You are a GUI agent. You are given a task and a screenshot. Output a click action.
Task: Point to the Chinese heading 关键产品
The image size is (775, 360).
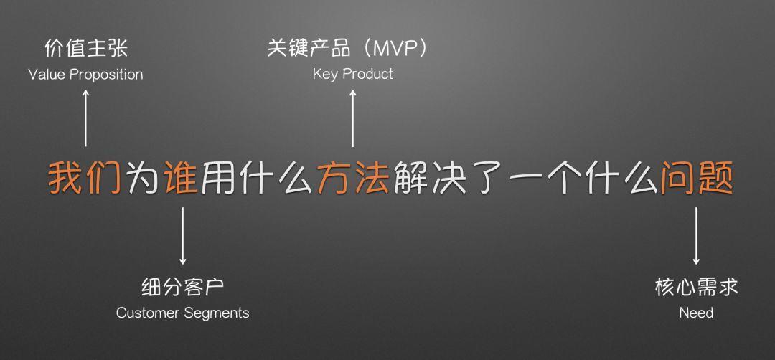pyautogui.click(x=309, y=48)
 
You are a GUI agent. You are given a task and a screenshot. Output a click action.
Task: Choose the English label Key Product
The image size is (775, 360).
pyautogui.click(x=353, y=75)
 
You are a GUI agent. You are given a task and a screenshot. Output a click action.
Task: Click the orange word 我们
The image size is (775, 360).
pyautogui.click(x=85, y=177)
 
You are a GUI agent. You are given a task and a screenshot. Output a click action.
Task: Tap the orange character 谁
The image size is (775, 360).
pyautogui.click(x=182, y=177)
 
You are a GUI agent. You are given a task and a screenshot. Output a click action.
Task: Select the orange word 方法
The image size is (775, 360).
pyautogui.click(x=354, y=177)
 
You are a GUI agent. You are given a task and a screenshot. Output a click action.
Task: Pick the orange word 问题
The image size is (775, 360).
pyautogui.click(x=697, y=177)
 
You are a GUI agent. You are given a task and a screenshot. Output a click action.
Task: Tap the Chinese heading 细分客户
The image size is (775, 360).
pyautogui.click(x=183, y=287)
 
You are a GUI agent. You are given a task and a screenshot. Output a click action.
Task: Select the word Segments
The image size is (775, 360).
pyautogui.click(x=217, y=313)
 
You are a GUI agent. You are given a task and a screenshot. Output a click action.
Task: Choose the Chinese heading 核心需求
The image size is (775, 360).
pyautogui.click(x=696, y=287)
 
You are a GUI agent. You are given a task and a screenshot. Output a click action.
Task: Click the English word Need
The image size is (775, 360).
pyautogui.click(x=696, y=313)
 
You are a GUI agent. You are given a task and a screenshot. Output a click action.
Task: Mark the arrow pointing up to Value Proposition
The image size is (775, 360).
pyautogui.click(x=85, y=118)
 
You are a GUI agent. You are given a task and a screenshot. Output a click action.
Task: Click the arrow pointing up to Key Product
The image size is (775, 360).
pyautogui.click(x=353, y=118)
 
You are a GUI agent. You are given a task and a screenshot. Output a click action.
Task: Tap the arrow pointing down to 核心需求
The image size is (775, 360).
pyautogui.click(x=696, y=236)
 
